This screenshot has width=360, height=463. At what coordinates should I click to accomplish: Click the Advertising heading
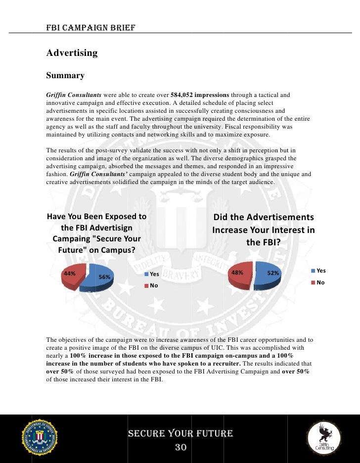point(72,53)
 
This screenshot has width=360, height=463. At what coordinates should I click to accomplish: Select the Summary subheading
point(65,76)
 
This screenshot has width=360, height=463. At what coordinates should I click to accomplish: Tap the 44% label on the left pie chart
point(69,273)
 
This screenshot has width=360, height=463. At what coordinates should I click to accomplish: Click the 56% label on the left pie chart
point(104,277)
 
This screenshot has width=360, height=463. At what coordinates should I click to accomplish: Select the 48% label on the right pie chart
point(237,273)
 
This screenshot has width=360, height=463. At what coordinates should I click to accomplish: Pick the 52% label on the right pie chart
point(273,273)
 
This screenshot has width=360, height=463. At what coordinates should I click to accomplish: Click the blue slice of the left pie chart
point(99,282)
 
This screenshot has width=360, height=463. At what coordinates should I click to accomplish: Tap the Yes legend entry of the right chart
point(318,271)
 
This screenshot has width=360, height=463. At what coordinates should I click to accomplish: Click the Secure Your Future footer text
point(180,434)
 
